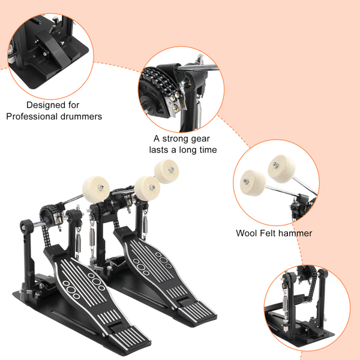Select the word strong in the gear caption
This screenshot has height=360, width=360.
(x=173, y=138)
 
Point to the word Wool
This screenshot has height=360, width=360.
(x=248, y=233)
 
